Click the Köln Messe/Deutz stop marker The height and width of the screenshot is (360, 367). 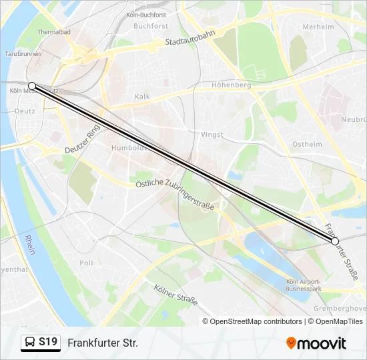coord(32,86)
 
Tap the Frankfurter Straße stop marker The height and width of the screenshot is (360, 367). coord(335,241)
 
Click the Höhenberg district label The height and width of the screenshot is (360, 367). coord(231,85)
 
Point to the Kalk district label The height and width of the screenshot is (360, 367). coord(143,97)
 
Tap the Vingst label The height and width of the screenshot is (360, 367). coord(212,134)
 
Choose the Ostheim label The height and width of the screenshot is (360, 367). coord(307,144)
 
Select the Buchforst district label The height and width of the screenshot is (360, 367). coord(150,26)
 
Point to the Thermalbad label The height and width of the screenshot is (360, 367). coord(53,31)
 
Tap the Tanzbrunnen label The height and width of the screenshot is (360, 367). coord(20,53)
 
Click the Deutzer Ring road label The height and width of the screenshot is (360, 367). coord(82,140)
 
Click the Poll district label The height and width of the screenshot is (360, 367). coord(87,263)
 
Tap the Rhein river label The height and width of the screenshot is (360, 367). coord(30,246)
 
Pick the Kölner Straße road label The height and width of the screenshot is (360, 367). coord(175,294)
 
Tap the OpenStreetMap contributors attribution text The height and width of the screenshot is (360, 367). coord(256,321)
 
